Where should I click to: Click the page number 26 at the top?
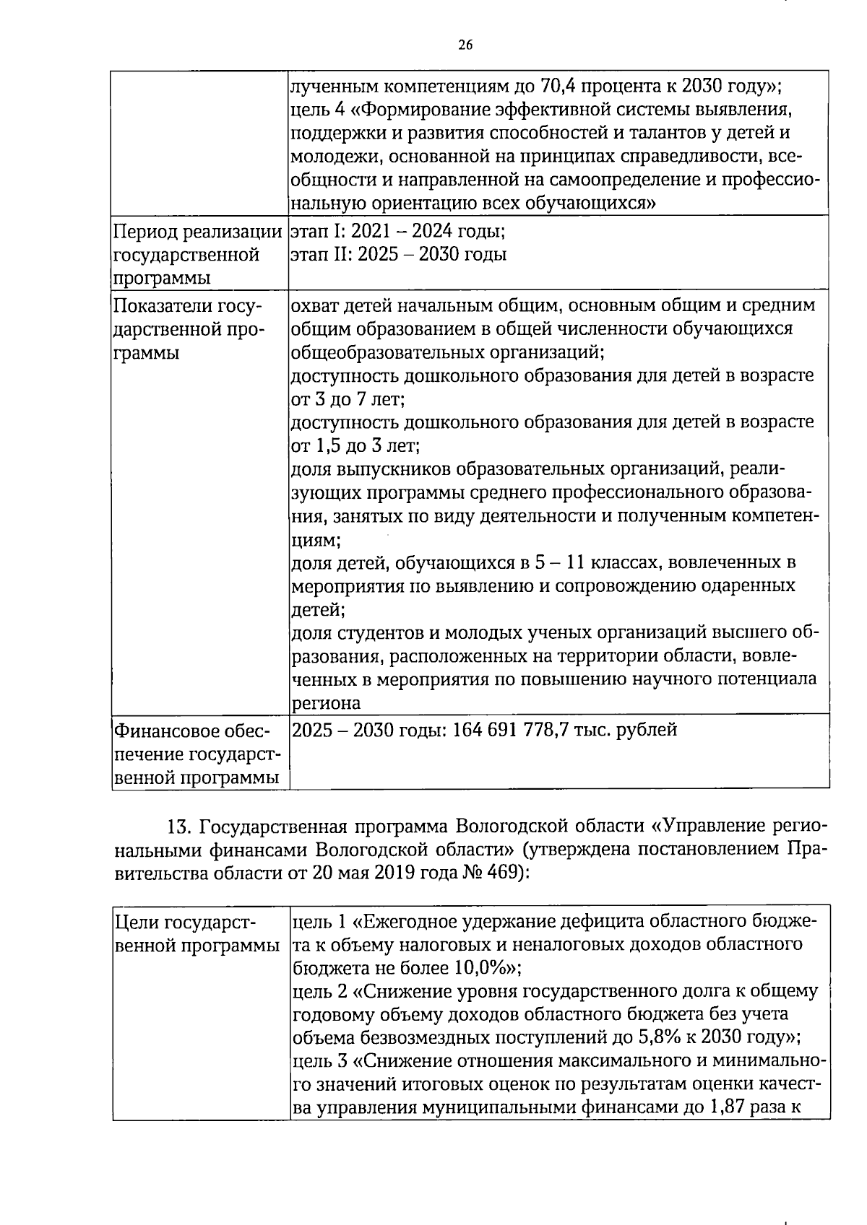click(x=465, y=45)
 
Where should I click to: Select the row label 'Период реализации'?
click(x=197, y=232)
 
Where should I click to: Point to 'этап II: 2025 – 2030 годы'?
click(x=398, y=255)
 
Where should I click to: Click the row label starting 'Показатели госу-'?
click(x=186, y=306)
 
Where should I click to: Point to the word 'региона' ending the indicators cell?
click(x=325, y=702)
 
